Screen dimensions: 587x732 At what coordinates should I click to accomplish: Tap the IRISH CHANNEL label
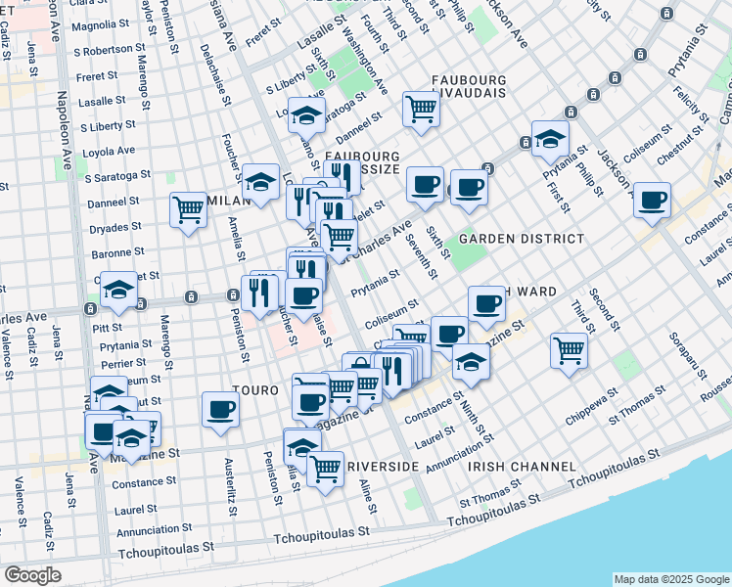click(x=518, y=467)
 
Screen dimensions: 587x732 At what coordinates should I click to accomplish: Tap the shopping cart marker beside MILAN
click(x=188, y=208)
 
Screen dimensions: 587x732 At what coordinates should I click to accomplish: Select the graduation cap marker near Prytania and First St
click(x=550, y=138)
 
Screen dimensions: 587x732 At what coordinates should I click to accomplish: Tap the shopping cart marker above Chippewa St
click(x=569, y=349)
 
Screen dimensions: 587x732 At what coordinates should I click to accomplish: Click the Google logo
click(x=33, y=575)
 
